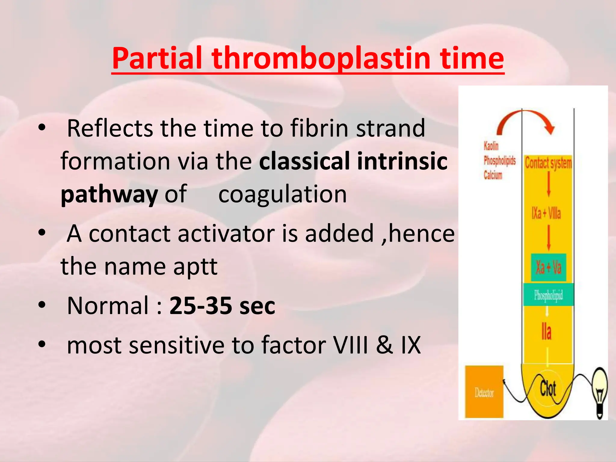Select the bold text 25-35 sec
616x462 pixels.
point(222,306)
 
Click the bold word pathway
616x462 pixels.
point(109,194)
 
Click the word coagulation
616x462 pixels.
point(282,194)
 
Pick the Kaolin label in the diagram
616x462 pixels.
point(491,146)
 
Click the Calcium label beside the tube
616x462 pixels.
point(493,175)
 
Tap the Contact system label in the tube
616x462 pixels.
point(548,163)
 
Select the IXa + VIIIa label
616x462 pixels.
point(546,214)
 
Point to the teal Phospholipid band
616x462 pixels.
point(548,295)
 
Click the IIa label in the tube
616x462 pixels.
point(547,332)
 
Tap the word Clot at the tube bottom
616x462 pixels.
point(548,388)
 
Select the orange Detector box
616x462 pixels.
point(484,392)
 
